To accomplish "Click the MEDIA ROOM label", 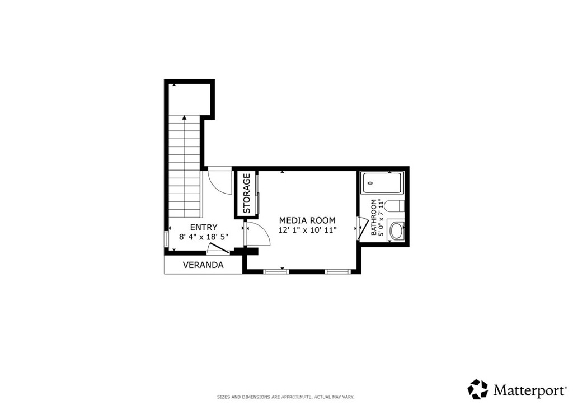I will coord(307,220).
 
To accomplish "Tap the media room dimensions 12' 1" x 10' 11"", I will coord(307,230).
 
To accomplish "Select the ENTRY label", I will coord(204,227).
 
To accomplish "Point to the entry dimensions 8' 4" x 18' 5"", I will coord(204,237).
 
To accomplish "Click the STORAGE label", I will coord(246,194).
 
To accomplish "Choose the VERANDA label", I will coord(203,265).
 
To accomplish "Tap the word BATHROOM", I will coord(374,216).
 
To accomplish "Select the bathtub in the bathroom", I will coord(382,182).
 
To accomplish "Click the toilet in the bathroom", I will coord(394,206).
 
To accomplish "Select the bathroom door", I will coord(363,228).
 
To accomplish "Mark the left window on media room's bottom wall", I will coord(276,271).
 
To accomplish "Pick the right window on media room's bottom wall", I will coord(337,271).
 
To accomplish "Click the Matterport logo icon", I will coord(478,389).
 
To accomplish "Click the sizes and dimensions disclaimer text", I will coord(286,397).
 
